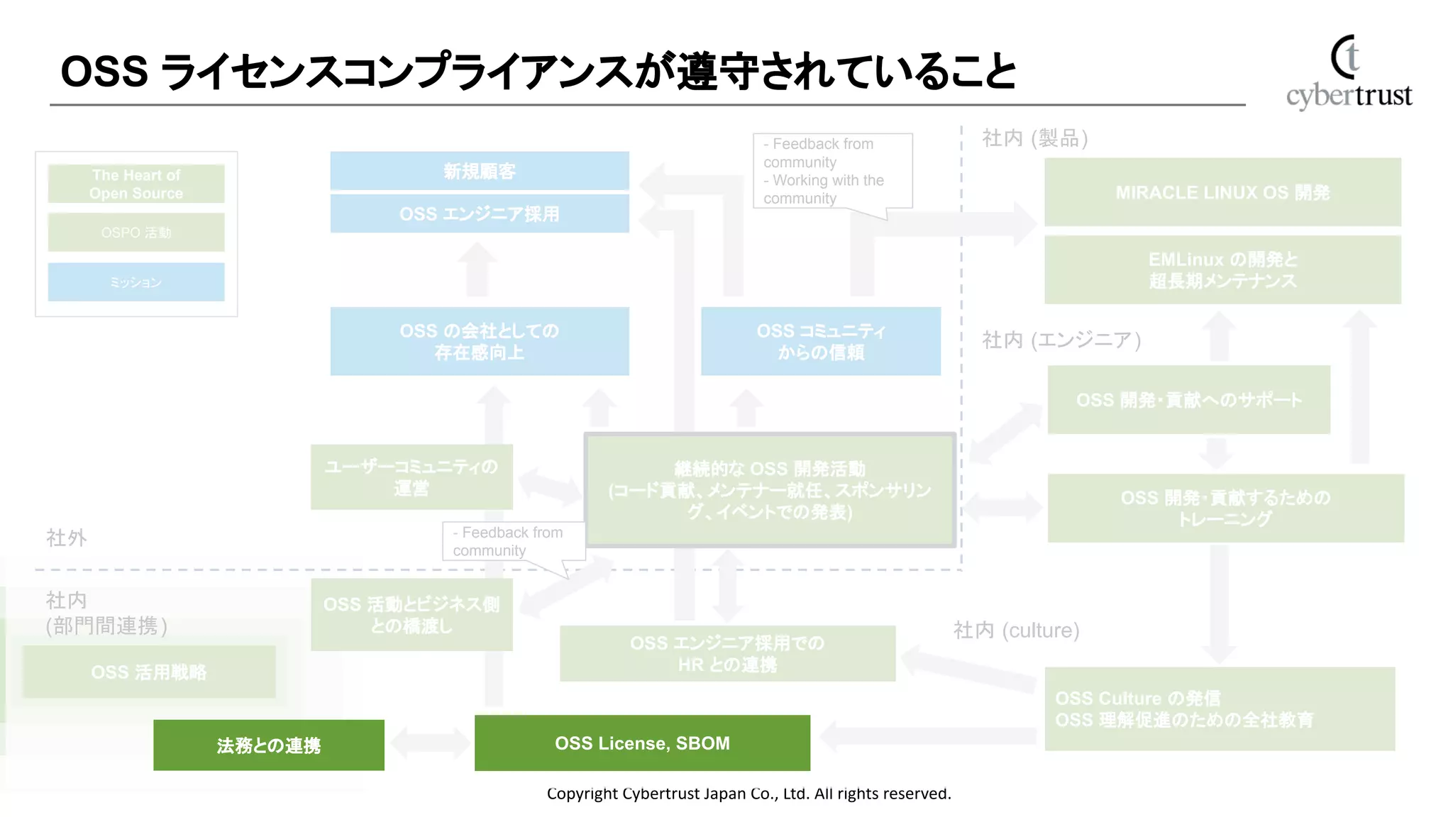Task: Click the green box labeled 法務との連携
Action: point(268,745)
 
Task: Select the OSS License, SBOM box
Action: point(642,743)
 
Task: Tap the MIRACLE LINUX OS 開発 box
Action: point(1222,192)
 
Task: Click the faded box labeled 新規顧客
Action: point(480,171)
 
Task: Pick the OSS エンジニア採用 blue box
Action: point(480,213)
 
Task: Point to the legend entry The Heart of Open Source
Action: point(136,184)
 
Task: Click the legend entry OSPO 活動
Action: point(136,232)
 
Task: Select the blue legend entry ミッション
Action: point(136,282)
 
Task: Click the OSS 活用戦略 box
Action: point(149,672)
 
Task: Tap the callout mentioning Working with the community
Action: point(832,171)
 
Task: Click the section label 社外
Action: point(66,538)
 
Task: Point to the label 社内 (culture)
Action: point(1016,630)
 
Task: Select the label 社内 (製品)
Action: point(1034,138)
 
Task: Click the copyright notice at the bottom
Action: point(748,794)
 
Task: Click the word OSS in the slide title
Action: point(104,72)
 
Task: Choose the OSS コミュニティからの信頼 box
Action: point(820,341)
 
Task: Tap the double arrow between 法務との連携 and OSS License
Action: point(429,743)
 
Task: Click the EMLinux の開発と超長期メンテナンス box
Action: point(1222,269)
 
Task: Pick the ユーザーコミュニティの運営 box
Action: point(411,477)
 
